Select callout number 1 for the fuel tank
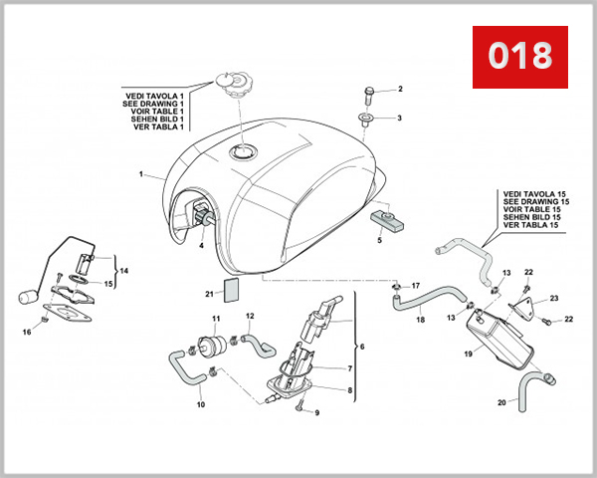[141, 174]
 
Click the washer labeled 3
[368, 120]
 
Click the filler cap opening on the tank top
[244, 152]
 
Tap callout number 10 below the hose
[201, 405]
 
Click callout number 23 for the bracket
[554, 298]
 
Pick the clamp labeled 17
[397, 290]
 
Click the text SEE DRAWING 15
[535, 200]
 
